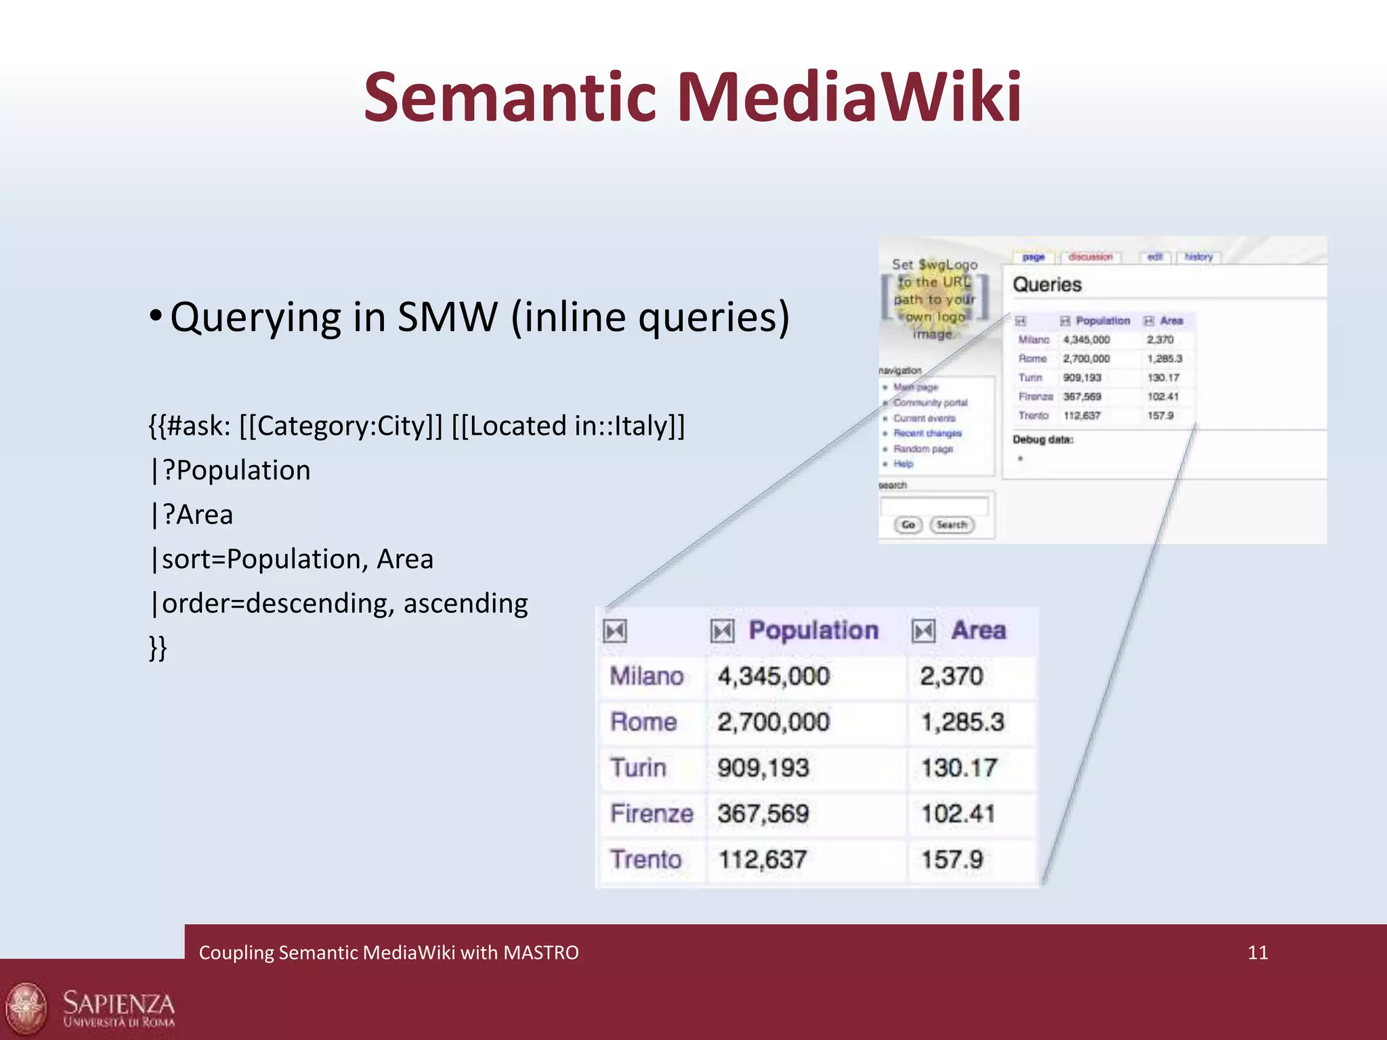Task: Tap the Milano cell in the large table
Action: point(646,676)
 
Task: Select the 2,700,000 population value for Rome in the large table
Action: point(773,722)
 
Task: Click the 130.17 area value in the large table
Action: point(958,768)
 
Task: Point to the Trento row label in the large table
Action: point(645,859)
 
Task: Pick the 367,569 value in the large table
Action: point(763,813)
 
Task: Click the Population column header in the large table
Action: point(813,630)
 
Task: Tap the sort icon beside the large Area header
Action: point(924,631)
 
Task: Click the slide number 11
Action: point(1257,953)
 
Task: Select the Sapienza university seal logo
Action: point(26,1009)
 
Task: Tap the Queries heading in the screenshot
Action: point(1047,284)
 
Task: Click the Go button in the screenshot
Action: point(908,525)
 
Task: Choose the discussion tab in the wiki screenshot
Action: point(1090,257)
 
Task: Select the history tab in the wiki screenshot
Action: point(1198,257)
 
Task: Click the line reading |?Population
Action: point(230,470)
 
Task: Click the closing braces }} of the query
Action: point(157,647)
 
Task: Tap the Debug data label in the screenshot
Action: point(1043,439)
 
